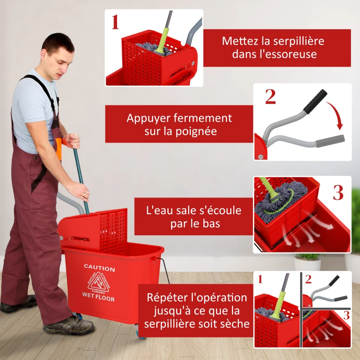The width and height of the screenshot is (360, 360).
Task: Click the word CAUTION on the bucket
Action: coord(99,269)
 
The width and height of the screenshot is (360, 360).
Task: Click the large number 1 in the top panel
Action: coord(115,22)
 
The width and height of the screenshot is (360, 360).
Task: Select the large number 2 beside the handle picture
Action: coord(270,97)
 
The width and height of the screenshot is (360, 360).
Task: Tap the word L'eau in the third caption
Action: coord(158,210)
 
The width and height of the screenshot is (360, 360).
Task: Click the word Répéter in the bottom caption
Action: coord(168,297)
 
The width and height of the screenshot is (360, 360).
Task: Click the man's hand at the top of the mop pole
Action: coord(72,140)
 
